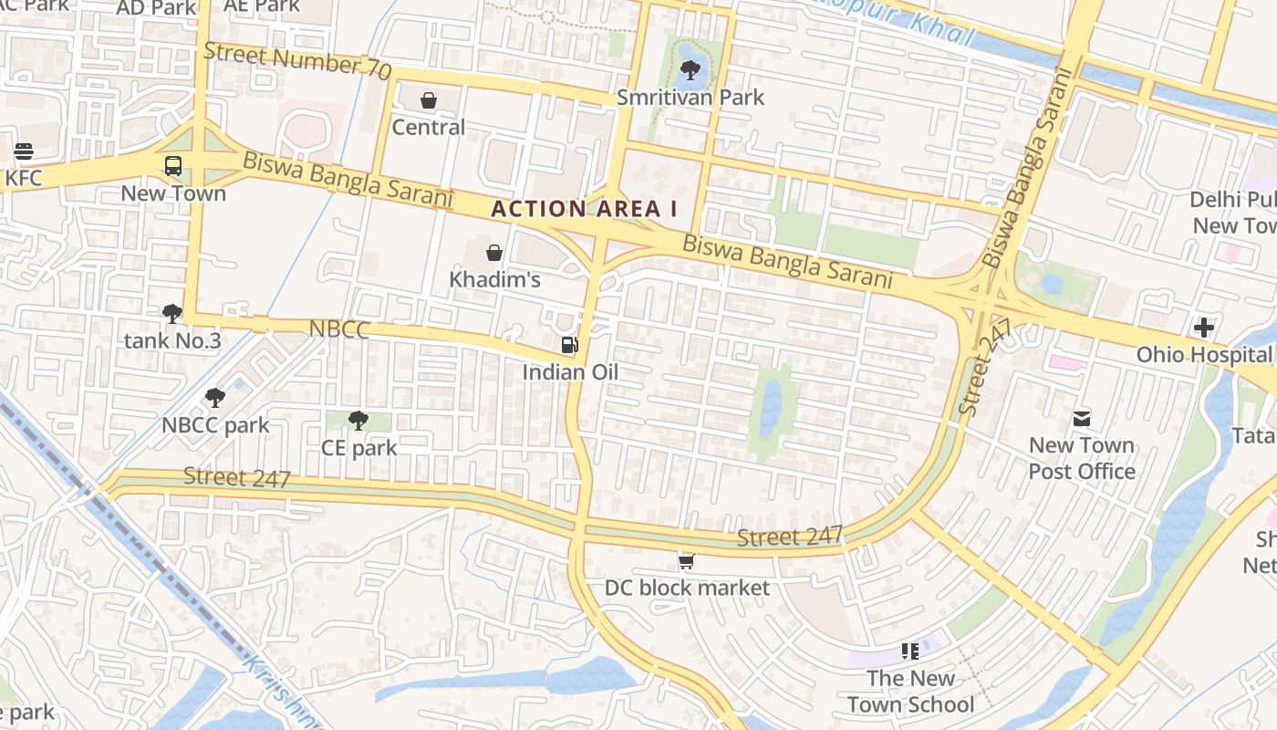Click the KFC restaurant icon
[x=24, y=151]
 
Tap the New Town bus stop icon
[x=172, y=166]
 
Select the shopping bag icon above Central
[x=429, y=100]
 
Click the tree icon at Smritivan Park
[x=690, y=69]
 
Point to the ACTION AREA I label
[x=584, y=209]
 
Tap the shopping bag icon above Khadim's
[x=494, y=253]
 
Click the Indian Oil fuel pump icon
[x=569, y=345]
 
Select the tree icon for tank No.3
[x=171, y=315]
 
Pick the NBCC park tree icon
[x=215, y=398]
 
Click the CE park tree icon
[x=358, y=421]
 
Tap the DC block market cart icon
[x=686, y=561]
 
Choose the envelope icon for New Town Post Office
[x=1082, y=419]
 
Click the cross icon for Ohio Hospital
[x=1203, y=327]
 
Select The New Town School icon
[x=909, y=652]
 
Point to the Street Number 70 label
[x=297, y=61]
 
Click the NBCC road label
[x=339, y=329]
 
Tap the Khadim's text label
[x=494, y=280]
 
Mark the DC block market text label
[x=687, y=589]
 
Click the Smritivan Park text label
[x=690, y=98]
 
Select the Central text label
[x=429, y=128]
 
